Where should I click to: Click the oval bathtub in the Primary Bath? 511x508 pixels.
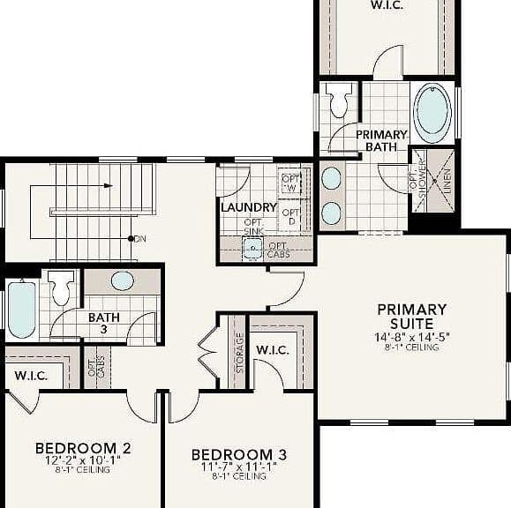(432, 112)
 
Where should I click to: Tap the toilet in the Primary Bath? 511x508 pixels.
(339, 100)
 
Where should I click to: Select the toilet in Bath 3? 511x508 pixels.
(61, 288)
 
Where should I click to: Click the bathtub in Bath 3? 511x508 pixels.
(21, 310)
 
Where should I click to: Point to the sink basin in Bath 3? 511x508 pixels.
(122, 280)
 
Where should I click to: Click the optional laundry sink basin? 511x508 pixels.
(252, 249)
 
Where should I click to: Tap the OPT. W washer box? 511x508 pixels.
(290, 183)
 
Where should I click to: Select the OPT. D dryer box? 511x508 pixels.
(290, 216)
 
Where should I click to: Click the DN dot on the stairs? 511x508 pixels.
(131, 239)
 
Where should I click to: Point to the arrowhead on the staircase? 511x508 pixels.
(109, 186)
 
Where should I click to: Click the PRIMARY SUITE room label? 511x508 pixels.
(412, 317)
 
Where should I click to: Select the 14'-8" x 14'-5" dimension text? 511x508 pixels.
(412, 337)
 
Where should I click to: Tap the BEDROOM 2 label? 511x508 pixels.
(83, 448)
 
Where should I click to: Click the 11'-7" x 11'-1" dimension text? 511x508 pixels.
(239, 467)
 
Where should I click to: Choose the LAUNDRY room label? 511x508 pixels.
(249, 207)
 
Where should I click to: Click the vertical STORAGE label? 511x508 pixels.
(239, 353)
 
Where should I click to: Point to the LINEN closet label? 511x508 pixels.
(447, 181)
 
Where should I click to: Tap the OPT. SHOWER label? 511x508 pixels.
(417, 178)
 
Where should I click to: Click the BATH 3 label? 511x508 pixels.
(104, 323)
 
